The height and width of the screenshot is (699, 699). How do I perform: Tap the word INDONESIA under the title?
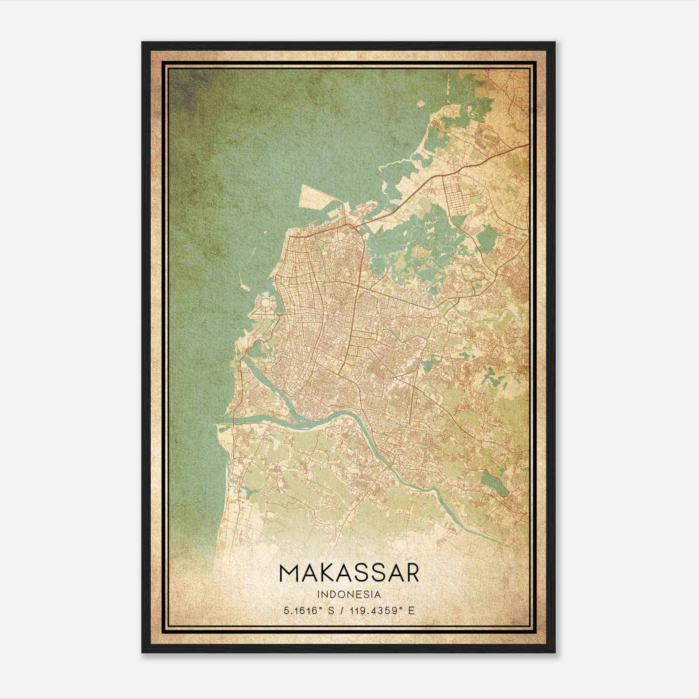click(349, 595)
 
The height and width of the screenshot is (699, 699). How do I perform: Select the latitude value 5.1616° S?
click(309, 611)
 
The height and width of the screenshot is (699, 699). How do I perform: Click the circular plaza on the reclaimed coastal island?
click(265, 302)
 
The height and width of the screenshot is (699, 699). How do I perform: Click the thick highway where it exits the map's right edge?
click(527, 145)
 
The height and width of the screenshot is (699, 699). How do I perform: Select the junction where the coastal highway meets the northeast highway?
click(356, 225)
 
